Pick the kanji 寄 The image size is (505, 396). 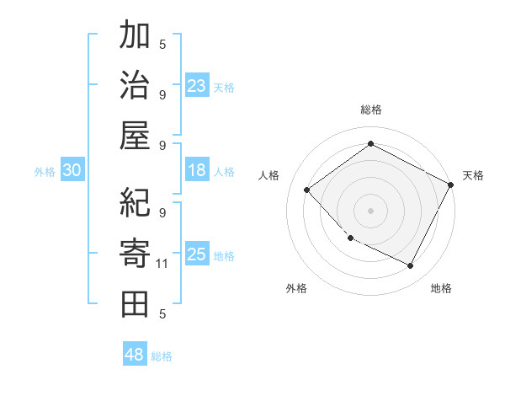135,254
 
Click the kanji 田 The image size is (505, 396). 135,303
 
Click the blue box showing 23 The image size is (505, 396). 197,85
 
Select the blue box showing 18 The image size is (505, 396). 197,170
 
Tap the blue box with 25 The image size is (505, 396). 197,254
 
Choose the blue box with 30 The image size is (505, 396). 72,170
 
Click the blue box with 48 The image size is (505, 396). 135,354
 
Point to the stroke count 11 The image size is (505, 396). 163,264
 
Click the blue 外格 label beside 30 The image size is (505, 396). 45,172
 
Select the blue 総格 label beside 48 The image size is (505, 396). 162,356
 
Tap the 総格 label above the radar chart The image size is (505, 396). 370,110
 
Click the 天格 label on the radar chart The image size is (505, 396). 474,175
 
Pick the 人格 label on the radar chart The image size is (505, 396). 269,175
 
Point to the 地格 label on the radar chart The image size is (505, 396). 441,288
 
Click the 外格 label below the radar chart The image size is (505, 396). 296,288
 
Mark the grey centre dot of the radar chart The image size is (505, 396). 370,210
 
